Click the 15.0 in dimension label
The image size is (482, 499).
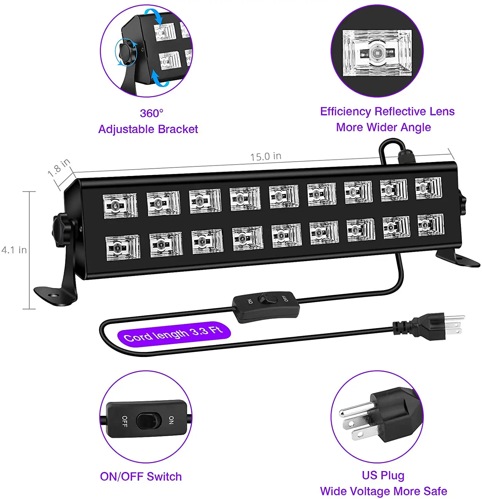[266, 156]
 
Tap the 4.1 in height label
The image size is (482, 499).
[14, 250]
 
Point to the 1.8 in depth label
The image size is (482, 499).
[59, 168]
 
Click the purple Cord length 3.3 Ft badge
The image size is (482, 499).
[174, 334]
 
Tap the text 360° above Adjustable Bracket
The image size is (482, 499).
[152, 113]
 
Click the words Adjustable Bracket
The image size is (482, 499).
[148, 129]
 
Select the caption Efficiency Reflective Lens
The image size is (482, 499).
[387, 111]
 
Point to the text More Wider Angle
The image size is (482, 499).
[383, 127]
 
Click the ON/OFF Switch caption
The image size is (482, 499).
[141, 476]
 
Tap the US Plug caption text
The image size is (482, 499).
[383, 475]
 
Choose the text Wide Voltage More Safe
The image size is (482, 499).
[383, 491]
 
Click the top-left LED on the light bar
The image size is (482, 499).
[120, 206]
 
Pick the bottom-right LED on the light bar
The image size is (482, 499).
[431, 225]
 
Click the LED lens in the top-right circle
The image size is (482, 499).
[377, 53]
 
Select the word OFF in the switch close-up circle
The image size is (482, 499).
[124, 421]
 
